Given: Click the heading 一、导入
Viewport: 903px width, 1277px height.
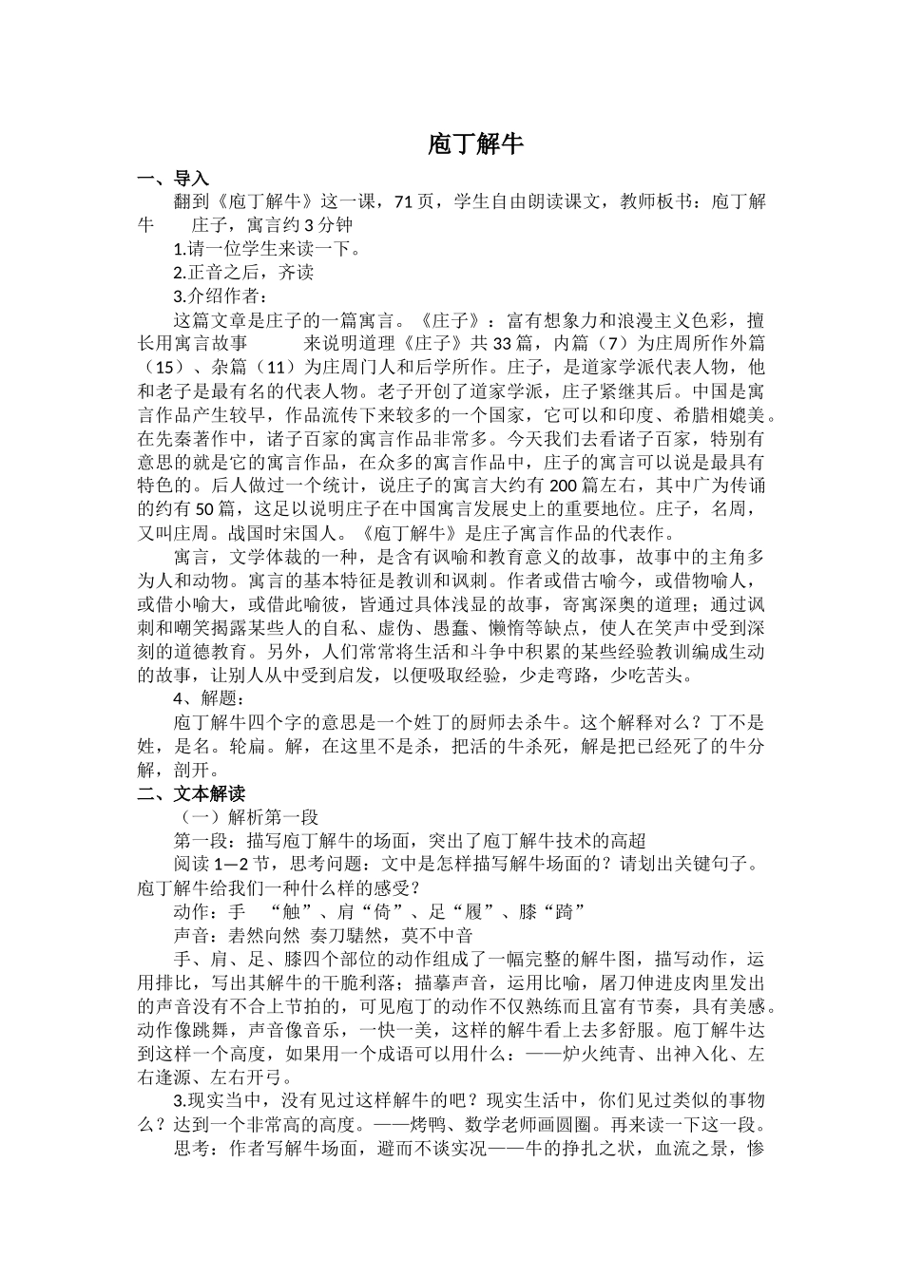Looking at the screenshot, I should pos(173,178).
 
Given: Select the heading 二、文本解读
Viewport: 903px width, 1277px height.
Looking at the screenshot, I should pos(191,793).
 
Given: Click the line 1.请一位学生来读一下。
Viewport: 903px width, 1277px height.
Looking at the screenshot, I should pos(268,249).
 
